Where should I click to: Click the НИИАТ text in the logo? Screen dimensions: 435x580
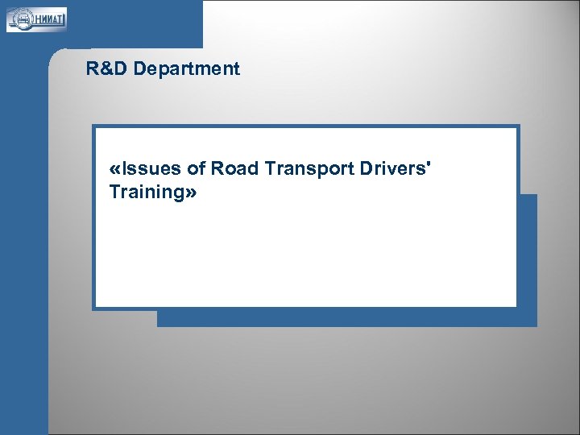(x=48, y=19)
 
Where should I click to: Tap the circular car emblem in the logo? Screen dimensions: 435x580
(x=20, y=19)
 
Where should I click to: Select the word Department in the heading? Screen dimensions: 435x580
(x=187, y=69)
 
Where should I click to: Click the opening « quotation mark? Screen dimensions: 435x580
(x=113, y=168)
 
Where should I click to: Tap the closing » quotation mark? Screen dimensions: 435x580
(x=190, y=193)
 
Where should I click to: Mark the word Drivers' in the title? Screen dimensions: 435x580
(x=391, y=168)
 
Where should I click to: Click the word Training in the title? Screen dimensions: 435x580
(x=146, y=193)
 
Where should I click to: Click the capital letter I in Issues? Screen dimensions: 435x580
(x=123, y=168)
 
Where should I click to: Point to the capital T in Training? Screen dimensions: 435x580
(x=114, y=193)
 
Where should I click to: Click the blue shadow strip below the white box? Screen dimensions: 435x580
(x=346, y=318)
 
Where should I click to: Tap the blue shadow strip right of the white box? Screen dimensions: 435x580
(x=528, y=258)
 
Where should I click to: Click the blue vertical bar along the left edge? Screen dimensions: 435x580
(x=24, y=242)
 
